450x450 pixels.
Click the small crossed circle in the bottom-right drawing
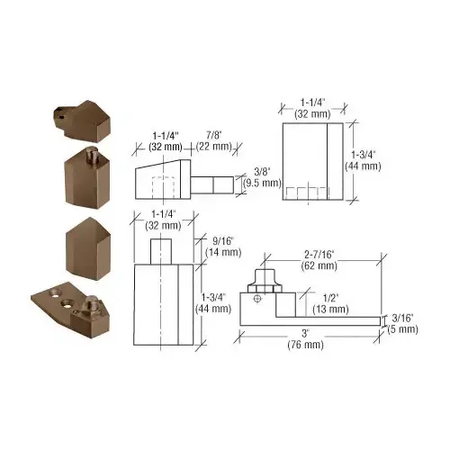[258, 298]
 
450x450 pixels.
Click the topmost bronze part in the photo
[83, 115]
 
